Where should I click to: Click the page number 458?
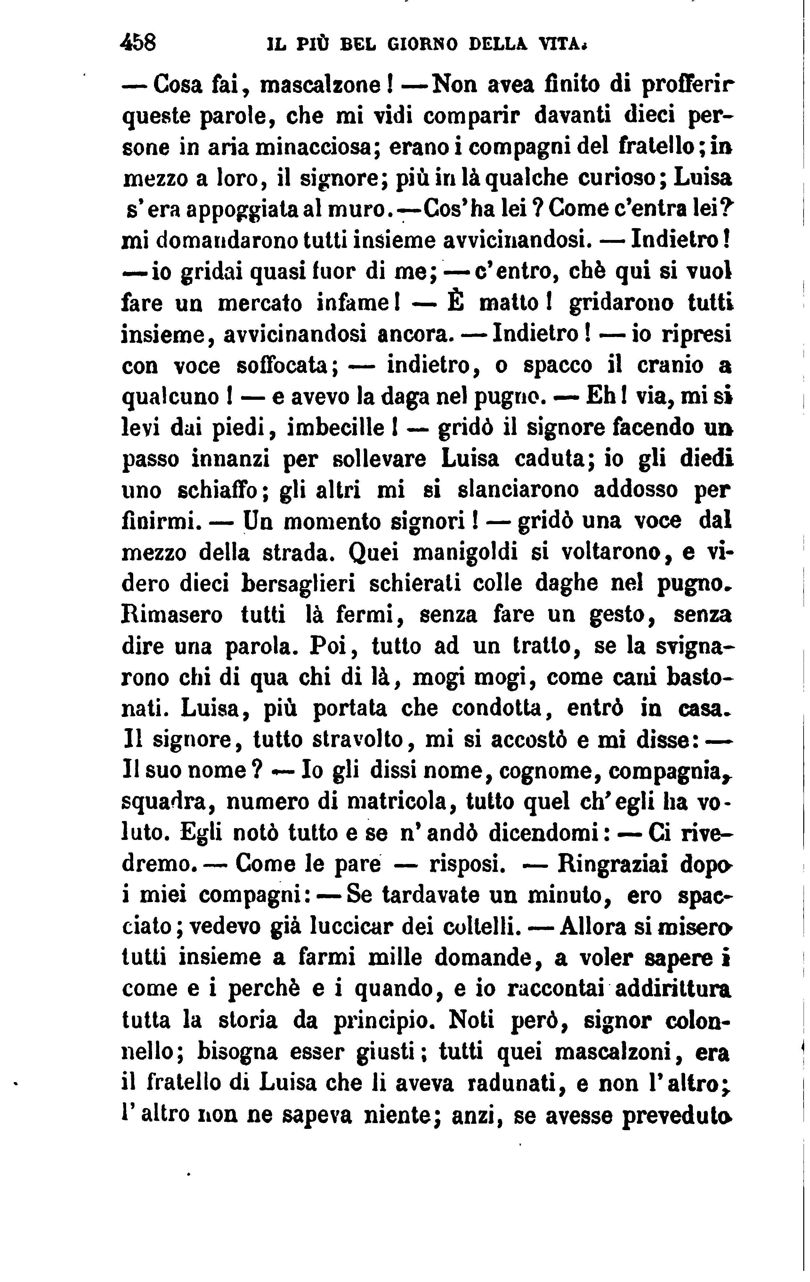point(138,42)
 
